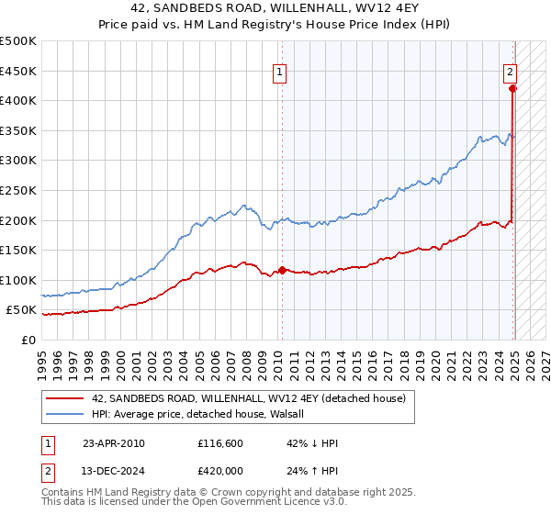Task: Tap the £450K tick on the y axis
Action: click(18, 71)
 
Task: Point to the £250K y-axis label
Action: click(18, 190)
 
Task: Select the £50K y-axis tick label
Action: click(22, 310)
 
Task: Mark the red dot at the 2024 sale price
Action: click(512, 88)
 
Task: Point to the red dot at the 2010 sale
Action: click(282, 270)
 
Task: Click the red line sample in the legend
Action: click(64, 398)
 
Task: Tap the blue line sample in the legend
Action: click(64, 414)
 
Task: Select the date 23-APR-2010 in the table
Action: click(114, 443)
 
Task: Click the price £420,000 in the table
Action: click(219, 471)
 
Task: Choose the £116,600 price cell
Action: click(219, 443)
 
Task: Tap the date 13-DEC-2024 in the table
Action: click(114, 471)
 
